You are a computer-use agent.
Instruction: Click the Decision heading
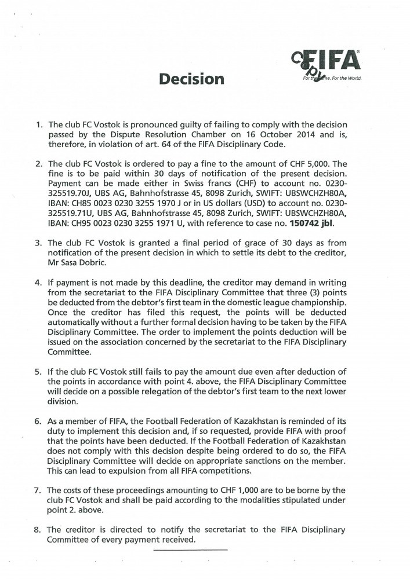(x=192, y=78)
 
